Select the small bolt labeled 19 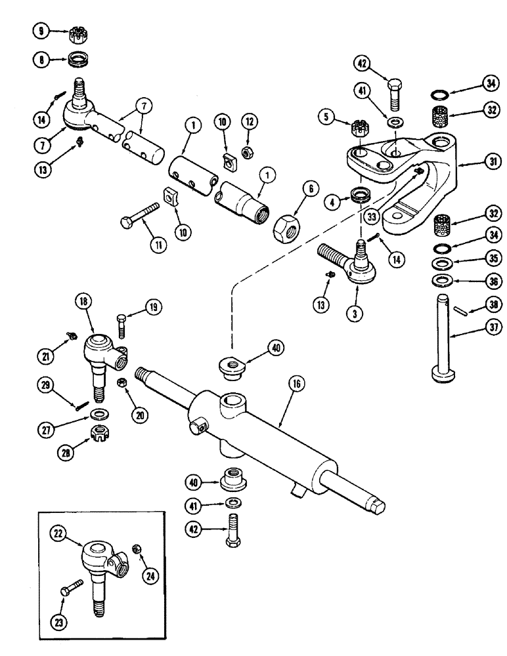click(123, 325)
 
